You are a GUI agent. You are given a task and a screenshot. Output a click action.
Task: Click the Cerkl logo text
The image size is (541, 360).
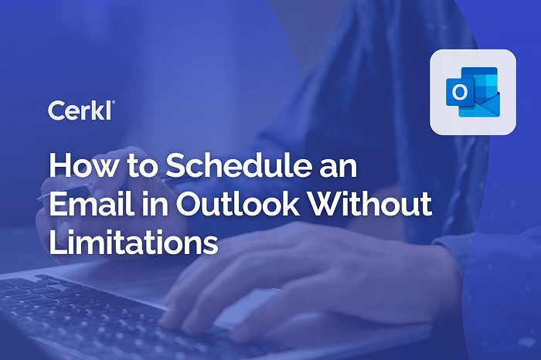[x=81, y=110]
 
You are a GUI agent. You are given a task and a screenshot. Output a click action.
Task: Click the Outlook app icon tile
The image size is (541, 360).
[x=472, y=92]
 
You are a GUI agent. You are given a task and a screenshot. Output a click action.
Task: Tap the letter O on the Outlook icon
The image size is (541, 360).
[x=460, y=93]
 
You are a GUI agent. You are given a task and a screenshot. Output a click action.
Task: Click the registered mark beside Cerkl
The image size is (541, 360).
[x=114, y=103]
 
